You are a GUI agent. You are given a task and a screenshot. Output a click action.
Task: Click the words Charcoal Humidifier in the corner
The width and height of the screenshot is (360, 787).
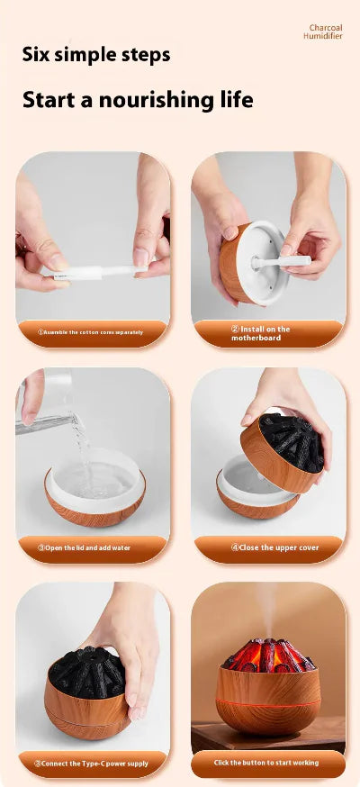[325, 32]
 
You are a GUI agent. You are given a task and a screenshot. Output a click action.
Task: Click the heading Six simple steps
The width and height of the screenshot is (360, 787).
[95, 55]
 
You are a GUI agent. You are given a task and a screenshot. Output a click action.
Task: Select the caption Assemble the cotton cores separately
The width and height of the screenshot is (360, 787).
[92, 332]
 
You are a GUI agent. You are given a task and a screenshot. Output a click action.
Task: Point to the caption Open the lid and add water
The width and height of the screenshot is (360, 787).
[93, 547]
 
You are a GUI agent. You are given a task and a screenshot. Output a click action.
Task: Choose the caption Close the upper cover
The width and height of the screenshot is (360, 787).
[268, 547]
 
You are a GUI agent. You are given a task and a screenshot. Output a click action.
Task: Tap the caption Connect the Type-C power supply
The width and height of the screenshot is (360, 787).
[92, 763]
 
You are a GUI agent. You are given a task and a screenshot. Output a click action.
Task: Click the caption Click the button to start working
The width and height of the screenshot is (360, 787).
[267, 763]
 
